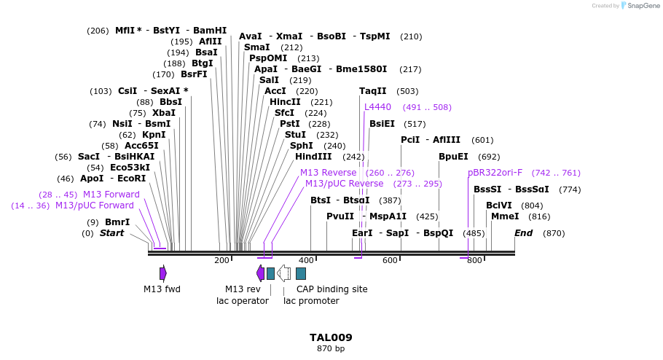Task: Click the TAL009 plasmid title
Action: click(331, 337)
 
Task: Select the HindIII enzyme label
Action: click(313, 157)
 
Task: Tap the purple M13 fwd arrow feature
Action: click(163, 273)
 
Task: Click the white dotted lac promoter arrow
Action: click(284, 273)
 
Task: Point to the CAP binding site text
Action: click(331, 289)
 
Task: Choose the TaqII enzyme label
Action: click(373, 91)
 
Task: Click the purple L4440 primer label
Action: click(377, 107)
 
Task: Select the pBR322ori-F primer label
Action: click(495, 173)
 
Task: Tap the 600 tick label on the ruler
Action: click(390, 261)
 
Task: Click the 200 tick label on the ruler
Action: click(221, 261)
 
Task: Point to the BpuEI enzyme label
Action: click(453, 157)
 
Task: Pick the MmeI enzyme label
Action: click(505, 216)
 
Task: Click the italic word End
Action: click(523, 233)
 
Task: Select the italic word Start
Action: click(111, 233)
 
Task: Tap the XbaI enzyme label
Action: click(163, 113)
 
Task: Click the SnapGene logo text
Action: click(641, 6)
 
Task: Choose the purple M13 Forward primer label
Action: click(111, 195)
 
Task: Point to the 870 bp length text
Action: click(331, 349)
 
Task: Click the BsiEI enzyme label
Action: click(382, 124)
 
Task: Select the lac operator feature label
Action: click(243, 301)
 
